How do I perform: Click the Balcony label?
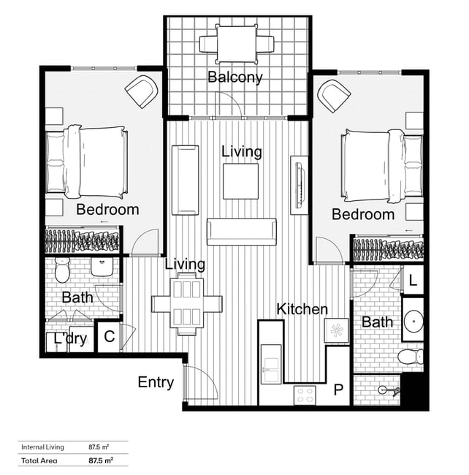235,77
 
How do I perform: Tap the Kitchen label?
302,309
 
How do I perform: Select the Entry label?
156,383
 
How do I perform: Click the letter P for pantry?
338,389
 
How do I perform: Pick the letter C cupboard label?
110,337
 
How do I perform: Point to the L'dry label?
70,338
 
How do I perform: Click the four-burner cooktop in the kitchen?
305,395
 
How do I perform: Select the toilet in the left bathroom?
62,270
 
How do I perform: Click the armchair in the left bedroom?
142,91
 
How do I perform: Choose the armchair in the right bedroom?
334,96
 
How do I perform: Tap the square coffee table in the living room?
240,181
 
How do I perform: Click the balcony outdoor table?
237,44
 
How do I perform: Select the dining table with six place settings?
187,304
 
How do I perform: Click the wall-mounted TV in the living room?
299,185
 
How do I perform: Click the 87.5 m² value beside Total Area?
101,461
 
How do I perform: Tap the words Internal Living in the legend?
42,447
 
